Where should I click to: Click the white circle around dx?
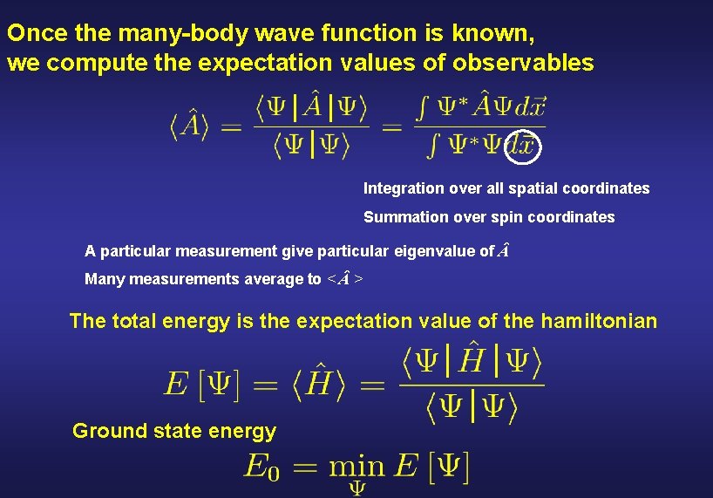[525, 143]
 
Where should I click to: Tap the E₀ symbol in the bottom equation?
[261, 466]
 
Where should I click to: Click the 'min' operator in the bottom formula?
[356, 466]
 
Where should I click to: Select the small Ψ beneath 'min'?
[357, 488]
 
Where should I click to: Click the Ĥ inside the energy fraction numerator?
[472, 358]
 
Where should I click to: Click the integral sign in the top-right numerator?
[423, 108]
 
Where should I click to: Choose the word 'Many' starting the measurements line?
[102, 279]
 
